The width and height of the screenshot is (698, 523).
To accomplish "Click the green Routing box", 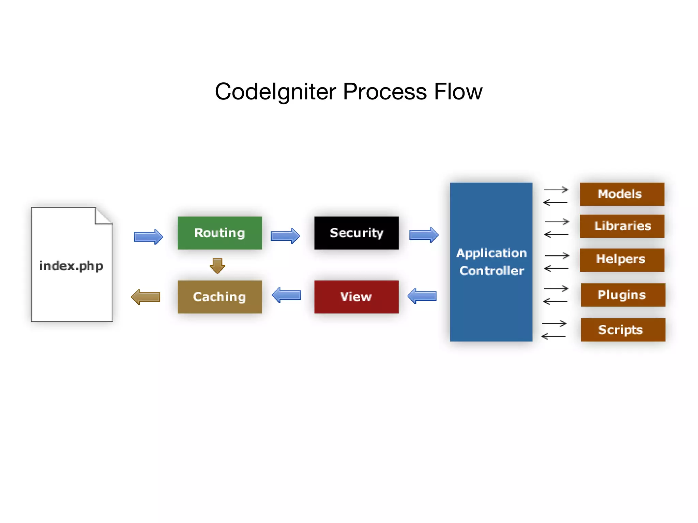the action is (220, 233).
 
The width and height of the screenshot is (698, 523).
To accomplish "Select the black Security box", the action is (356, 233).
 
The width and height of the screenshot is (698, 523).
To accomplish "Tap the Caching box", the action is (220, 297).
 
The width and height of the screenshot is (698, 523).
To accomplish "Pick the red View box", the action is (356, 297).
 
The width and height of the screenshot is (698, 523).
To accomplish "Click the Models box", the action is (622, 194).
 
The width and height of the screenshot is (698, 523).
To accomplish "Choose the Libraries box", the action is (622, 226).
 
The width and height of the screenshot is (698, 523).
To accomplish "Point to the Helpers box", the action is (622, 260).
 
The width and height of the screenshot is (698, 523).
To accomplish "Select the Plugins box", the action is (623, 295).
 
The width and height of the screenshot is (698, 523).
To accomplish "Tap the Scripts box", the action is (623, 330).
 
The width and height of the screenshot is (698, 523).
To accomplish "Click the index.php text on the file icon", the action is (71, 266).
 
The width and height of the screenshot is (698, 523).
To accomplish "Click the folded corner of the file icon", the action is (104, 216).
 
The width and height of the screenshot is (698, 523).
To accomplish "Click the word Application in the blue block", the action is (491, 253).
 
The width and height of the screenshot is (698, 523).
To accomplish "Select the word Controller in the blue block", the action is (491, 270).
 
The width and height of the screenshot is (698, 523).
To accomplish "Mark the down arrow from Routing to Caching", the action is (217, 266).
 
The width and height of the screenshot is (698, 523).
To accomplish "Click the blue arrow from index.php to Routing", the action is (149, 236).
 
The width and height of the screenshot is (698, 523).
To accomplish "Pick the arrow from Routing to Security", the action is (285, 236).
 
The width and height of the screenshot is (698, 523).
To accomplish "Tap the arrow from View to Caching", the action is (286, 295).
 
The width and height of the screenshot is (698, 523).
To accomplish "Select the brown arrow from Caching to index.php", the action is (146, 297).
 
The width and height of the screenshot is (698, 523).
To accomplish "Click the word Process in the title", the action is (385, 92).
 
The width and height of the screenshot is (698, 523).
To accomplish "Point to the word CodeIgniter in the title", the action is (276, 92).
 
